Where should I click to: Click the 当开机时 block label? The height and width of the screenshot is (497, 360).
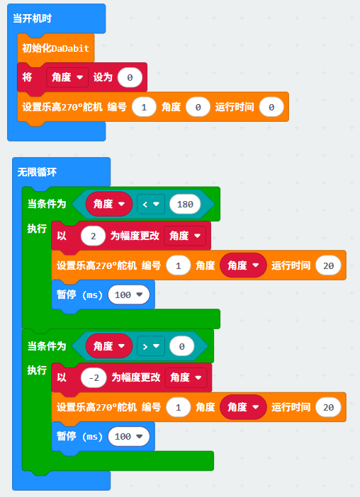[32, 18]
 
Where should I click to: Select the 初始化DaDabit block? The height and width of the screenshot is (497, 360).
[55, 48]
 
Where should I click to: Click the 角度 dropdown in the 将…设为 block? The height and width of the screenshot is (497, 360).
[67, 77]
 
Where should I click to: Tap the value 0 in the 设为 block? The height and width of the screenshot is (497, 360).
[130, 77]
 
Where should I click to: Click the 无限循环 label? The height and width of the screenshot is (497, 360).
[37, 172]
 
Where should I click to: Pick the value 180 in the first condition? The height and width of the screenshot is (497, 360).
[185, 204]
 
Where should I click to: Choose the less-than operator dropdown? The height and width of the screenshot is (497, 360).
[151, 204]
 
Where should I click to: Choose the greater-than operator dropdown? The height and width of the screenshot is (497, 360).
[151, 346]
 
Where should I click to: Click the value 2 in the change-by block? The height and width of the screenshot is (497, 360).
[93, 236]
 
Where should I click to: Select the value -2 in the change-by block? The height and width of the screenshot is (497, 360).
[94, 378]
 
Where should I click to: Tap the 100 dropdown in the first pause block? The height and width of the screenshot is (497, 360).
[129, 295]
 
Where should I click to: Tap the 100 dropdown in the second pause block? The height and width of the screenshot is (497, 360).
[129, 436]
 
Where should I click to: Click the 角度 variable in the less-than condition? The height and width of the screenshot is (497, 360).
[109, 204]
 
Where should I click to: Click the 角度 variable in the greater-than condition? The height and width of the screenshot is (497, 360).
[109, 346]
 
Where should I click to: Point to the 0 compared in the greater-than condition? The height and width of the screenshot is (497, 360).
[181, 346]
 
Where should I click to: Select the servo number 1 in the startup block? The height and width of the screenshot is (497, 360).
[144, 107]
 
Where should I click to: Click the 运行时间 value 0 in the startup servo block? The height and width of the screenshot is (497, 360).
[271, 107]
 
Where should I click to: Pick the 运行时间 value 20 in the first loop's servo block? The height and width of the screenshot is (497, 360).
[328, 265]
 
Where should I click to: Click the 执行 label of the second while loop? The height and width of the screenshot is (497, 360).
[37, 370]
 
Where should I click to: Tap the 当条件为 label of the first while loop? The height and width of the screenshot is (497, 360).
[47, 204]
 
